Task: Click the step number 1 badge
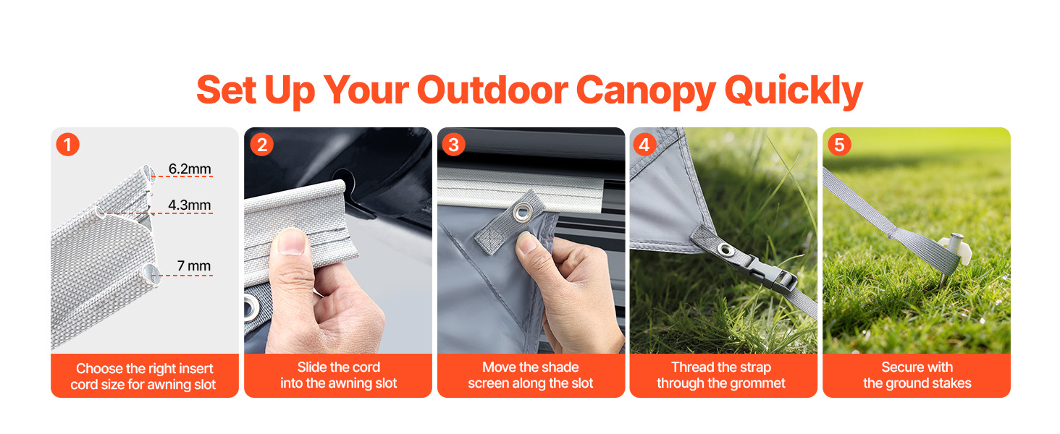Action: point(67,145)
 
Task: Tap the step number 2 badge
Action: point(261,145)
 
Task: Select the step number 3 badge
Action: point(453,145)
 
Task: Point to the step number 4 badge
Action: point(644,145)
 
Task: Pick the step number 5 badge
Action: point(839,145)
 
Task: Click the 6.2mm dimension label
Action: point(190,169)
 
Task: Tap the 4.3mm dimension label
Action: point(189,205)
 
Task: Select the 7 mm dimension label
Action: point(194,265)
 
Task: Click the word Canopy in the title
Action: point(645,90)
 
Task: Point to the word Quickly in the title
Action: point(794,90)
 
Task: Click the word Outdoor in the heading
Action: point(492,90)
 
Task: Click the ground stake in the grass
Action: point(952,258)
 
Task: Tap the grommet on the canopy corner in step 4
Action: point(725,249)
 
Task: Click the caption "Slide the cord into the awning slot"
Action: point(338,375)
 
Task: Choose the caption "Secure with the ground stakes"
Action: point(917,375)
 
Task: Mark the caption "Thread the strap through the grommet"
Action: point(720,375)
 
